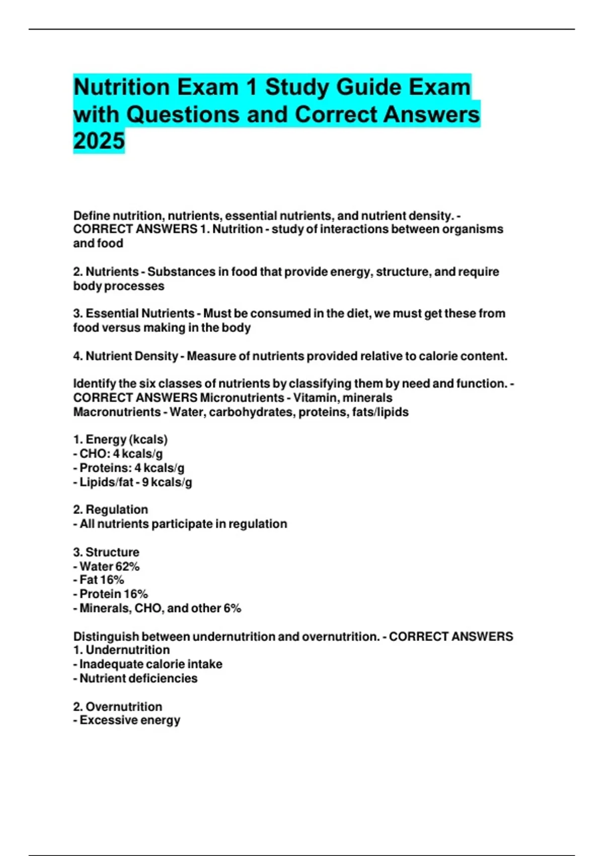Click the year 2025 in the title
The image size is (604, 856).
pyautogui.click(x=99, y=140)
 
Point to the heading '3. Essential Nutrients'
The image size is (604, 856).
pyautogui.click(x=134, y=313)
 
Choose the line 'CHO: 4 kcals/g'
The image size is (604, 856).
pyautogui.click(x=121, y=454)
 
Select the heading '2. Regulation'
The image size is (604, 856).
pyautogui.click(x=111, y=510)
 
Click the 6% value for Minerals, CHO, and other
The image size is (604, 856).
pyautogui.click(x=232, y=608)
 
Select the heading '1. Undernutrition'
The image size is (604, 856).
pyautogui.click(x=121, y=650)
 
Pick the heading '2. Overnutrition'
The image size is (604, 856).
pyautogui.click(x=118, y=706)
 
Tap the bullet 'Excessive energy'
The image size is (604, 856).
pyautogui.click(x=130, y=720)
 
